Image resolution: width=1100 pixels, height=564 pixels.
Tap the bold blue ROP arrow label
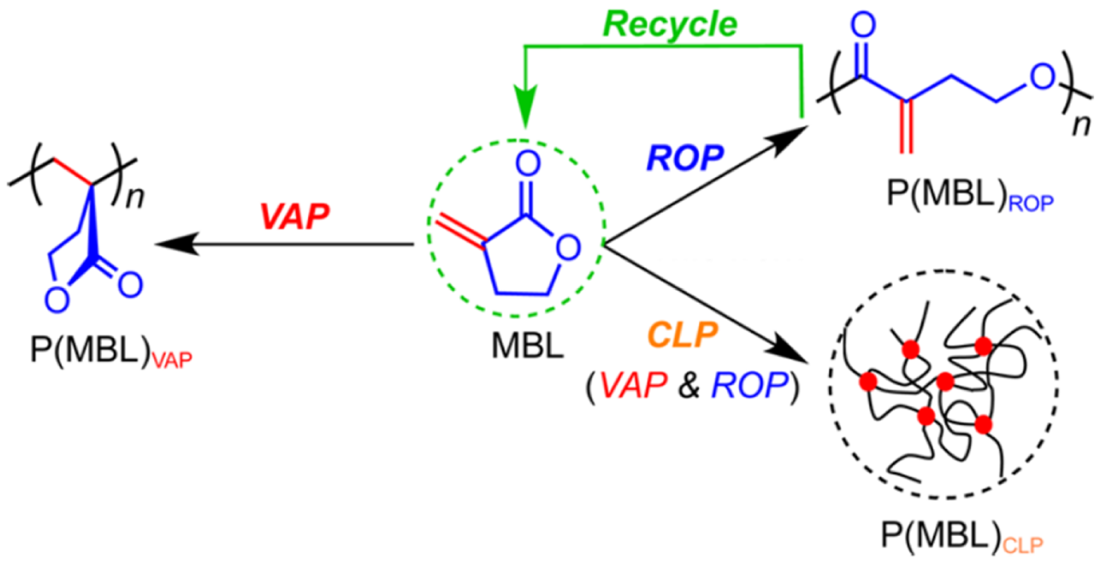[x=685, y=158]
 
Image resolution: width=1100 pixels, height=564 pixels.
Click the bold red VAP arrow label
[x=295, y=216]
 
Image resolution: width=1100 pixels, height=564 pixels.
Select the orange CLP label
[x=682, y=336]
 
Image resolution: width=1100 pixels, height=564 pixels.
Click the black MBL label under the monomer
[x=527, y=345]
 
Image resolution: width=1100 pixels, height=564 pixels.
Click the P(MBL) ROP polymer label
[x=969, y=195]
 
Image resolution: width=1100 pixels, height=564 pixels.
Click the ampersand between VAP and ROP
[x=688, y=385]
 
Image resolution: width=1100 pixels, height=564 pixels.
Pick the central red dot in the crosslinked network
[x=945, y=381]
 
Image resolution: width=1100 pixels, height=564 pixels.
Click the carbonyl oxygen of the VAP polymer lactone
[x=130, y=285]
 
